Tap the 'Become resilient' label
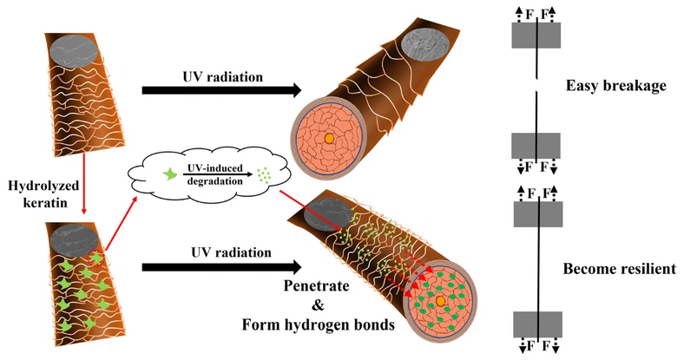tap(619, 270)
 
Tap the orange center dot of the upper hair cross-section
tap(329, 138)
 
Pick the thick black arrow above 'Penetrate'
tap(220, 266)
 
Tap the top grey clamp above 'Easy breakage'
tap(538, 35)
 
